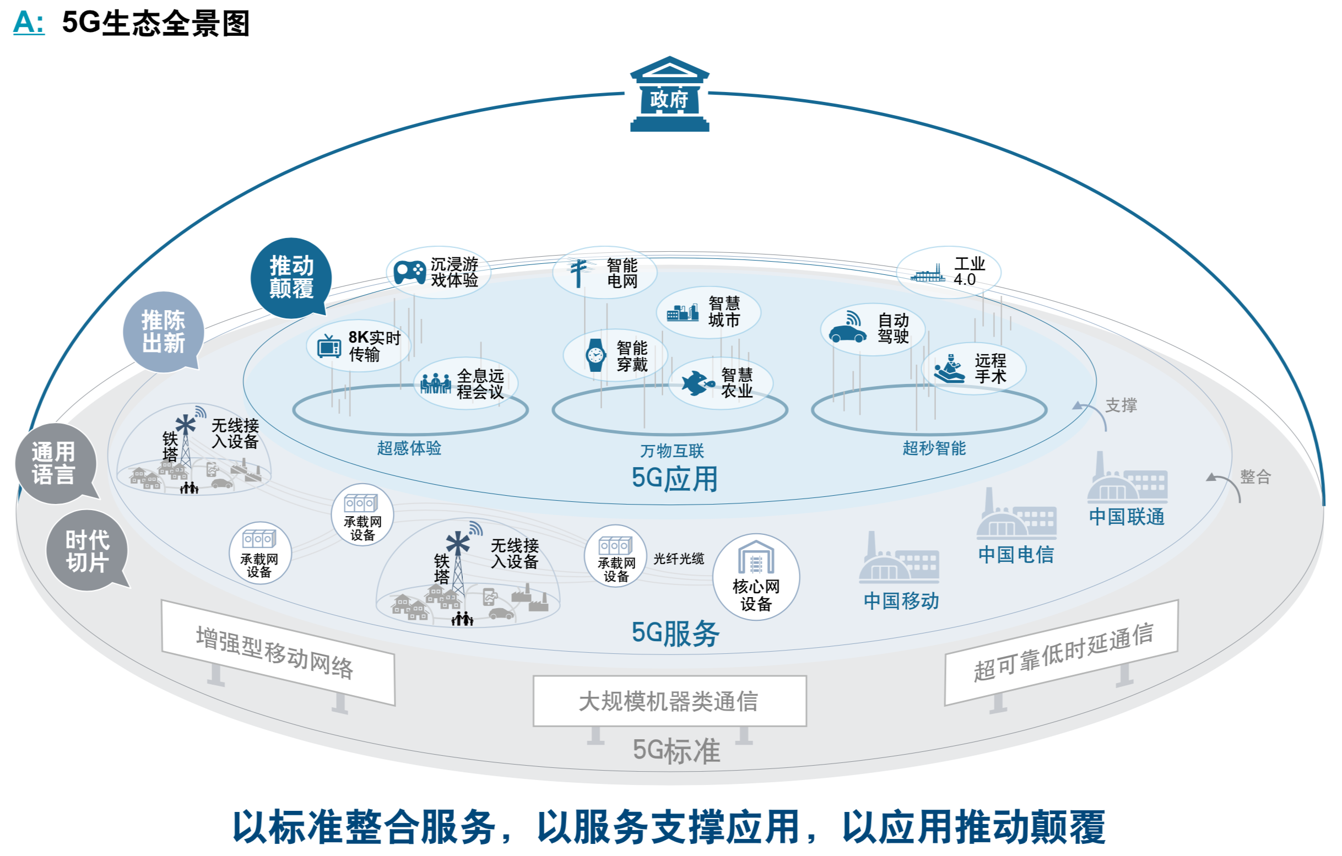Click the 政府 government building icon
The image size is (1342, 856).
(669, 94)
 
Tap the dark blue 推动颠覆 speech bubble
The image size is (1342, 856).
(291, 278)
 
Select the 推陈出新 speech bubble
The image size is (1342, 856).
(163, 332)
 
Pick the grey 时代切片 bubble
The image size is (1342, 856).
(88, 551)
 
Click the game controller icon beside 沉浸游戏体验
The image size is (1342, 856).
(410, 272)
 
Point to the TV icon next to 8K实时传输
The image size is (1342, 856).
(329, 346)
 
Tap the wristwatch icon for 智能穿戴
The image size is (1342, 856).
(595, 355)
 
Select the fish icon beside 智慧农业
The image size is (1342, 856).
(697, 383)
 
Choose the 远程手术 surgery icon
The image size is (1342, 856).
(950, 369)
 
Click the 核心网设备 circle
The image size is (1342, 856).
(756, 577)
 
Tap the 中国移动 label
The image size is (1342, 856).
(901, 601)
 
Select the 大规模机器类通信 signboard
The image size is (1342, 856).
(669, 701)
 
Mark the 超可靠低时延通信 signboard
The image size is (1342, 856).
(1062, 652)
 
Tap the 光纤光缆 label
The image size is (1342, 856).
(679, 559)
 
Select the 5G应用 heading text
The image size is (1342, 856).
(674, 479)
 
